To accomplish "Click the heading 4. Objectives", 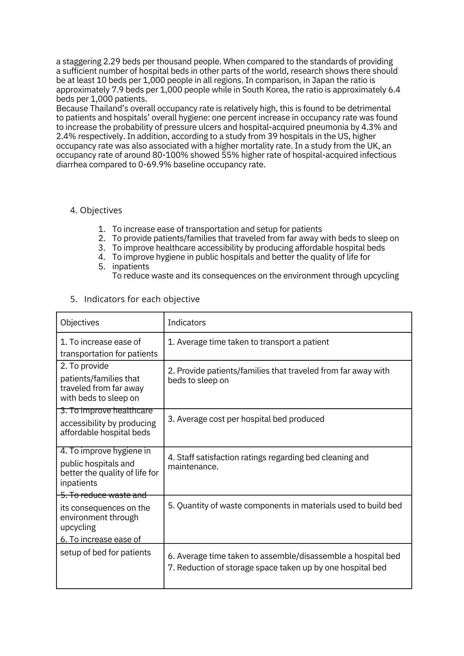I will [96, 210].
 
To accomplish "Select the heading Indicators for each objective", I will [142, 299].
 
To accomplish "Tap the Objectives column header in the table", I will [80, 323].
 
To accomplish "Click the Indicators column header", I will [187, 323].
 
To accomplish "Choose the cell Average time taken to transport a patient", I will [248, 342].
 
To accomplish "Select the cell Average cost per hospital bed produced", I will [246, 419].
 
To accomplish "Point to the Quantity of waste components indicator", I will [285, 506].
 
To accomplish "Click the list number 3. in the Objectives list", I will [102, 248].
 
